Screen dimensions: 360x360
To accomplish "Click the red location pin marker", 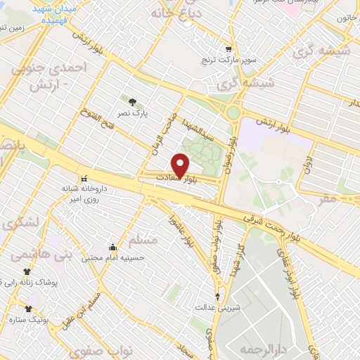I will pyautogui.click(x=181, y=165).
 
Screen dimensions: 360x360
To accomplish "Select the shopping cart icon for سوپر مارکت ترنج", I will pyautogui.click(x=229, y=49).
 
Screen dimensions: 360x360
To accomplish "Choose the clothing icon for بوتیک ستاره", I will pyautogui.click(x=28, y=309).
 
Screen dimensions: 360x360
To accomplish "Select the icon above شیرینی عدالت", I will pyautogui.click(x=217, y=296).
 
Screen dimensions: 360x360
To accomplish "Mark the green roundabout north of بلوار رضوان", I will pyautogui.click(x=233, y=112).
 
